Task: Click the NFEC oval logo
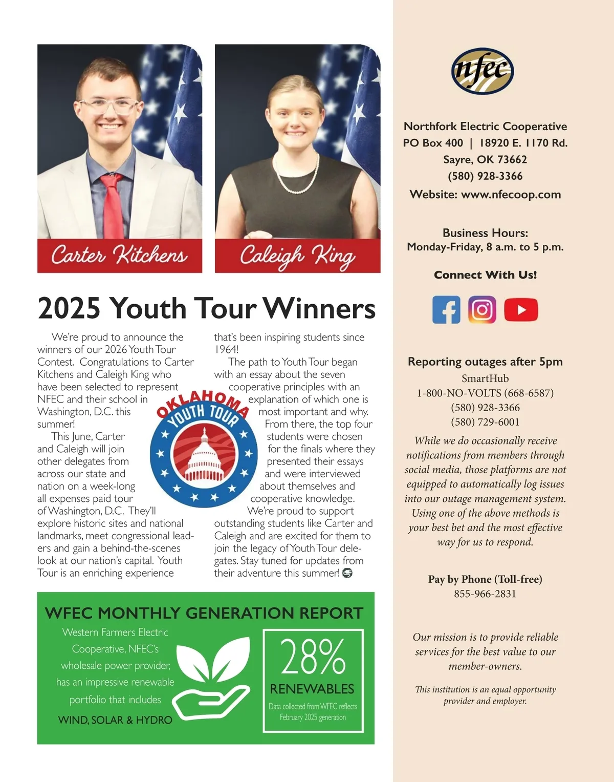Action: pyautogui.click(x=482, y=71)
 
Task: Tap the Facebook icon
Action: pyautogui.click(x=446, y=310)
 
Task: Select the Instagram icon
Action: pyautogui.click(x=482, y=310)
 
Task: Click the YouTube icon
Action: pyautogui.click(x=521, y=310)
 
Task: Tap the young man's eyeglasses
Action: pyautogui.click(x=109, y=107)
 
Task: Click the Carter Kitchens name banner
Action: pyautogui.click(x=120, y=255)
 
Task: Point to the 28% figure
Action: pyautogui.click(x=313, y=657)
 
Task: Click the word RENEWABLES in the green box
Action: pyautogui.click(x=312, y=689)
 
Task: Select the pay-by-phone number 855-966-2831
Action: pyautogui.click(x=485, y=594)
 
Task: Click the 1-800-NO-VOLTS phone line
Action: pyautogui.click(x=485, y=393)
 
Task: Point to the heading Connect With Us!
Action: pyautogui.click(x=485, y=275)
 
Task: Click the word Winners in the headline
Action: pyautogui.click(x=319, y=308)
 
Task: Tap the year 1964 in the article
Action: pyautogui.click(x=225, y=350)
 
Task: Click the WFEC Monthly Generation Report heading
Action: pyautogui.click(x=204, y=613)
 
